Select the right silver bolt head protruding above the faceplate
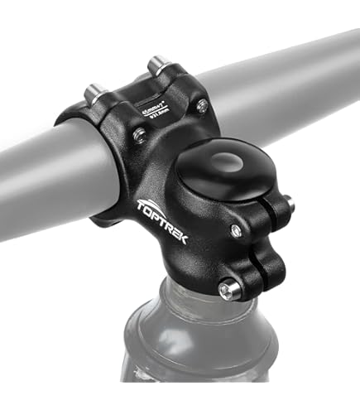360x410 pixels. pyautogui.click(x=156, y=64)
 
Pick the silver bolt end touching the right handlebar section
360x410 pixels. pyautogui.click(x=202, y=104)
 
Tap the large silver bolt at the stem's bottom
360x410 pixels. pyautogui.click(x=228, y=289)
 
